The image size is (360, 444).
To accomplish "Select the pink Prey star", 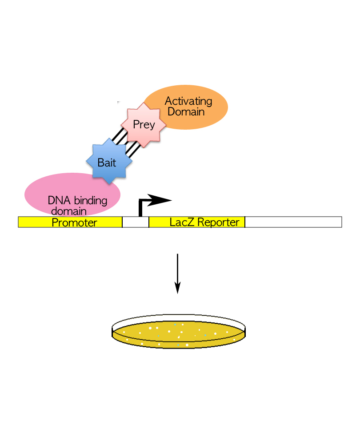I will pyautogui.click(x=144, y=125).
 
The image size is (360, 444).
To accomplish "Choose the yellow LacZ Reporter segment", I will pyautogui.click(x=196, y=222).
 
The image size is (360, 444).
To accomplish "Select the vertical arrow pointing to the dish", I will pyautogui.click(x=177, y=273).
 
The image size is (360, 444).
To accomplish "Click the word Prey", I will pyautogui.click(x=144, y=125).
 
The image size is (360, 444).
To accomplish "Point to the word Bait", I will pyautogui.click(x=107, y=163).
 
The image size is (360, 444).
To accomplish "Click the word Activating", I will pyautogui.click(x=188, y=101).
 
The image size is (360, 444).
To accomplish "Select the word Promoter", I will pyautogui.click(x=74, y=222).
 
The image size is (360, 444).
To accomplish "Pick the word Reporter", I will pyautogui.click(x=218, y=222).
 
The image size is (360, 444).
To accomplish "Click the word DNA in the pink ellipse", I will pyautogui.click(x=56, y=201).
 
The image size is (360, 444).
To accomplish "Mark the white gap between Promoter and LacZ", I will pyautogui.click(x=135, y=222).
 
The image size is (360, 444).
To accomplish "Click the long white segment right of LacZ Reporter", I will pyautogui.click(x=293, y=222).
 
